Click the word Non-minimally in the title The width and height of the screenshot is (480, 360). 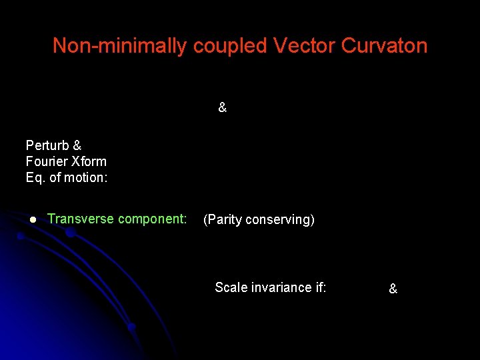pyautogui.click(x=120, y=46)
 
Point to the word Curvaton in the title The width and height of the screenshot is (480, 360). pyautogui.click(x=384, y=46)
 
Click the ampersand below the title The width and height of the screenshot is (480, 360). pyautogui.click(x=222, y=107)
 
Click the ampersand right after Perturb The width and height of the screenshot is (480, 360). pyautogui.click(x=77, y=145)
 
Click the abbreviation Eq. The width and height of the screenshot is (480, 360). pyautogui.click(x=35, y=177)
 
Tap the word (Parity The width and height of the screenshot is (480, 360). pyautogui.click(x=222, y=219)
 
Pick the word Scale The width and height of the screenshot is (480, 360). pyautogui.click(x=231, y=287)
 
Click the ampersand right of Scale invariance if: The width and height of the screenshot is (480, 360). pyautogui.click(x=393, y=289)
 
